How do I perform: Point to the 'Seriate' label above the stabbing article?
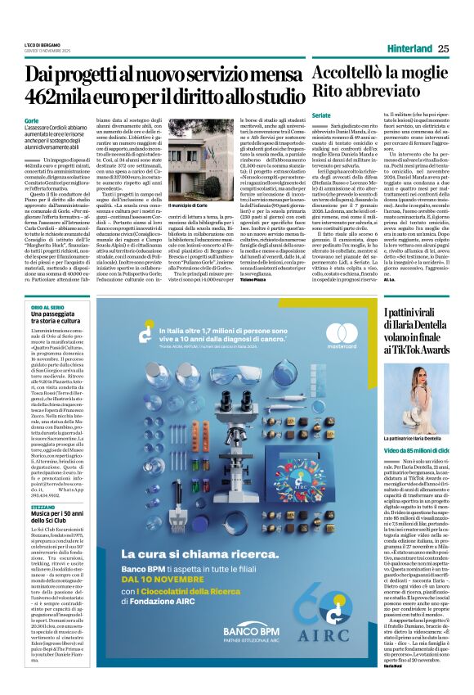[320, 115]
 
